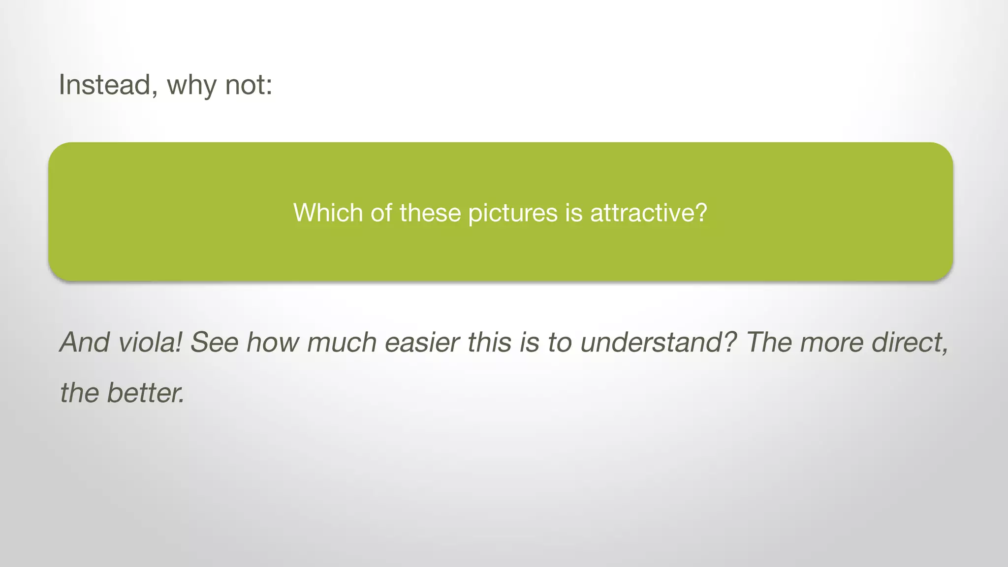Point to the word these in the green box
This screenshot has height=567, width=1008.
click(x=430, y=213)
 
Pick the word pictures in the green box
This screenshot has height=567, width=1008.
click(x=512, y=214)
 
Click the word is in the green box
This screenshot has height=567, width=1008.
click(x=574, y=213)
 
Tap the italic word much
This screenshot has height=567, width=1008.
click(x=342, y=342)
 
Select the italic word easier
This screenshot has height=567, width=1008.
click(x=422, y=342)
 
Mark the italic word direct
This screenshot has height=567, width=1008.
click(x=910, y=342)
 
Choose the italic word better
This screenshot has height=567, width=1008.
click(x=146, y=393)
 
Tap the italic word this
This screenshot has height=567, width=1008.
click(x=489, y=342)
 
